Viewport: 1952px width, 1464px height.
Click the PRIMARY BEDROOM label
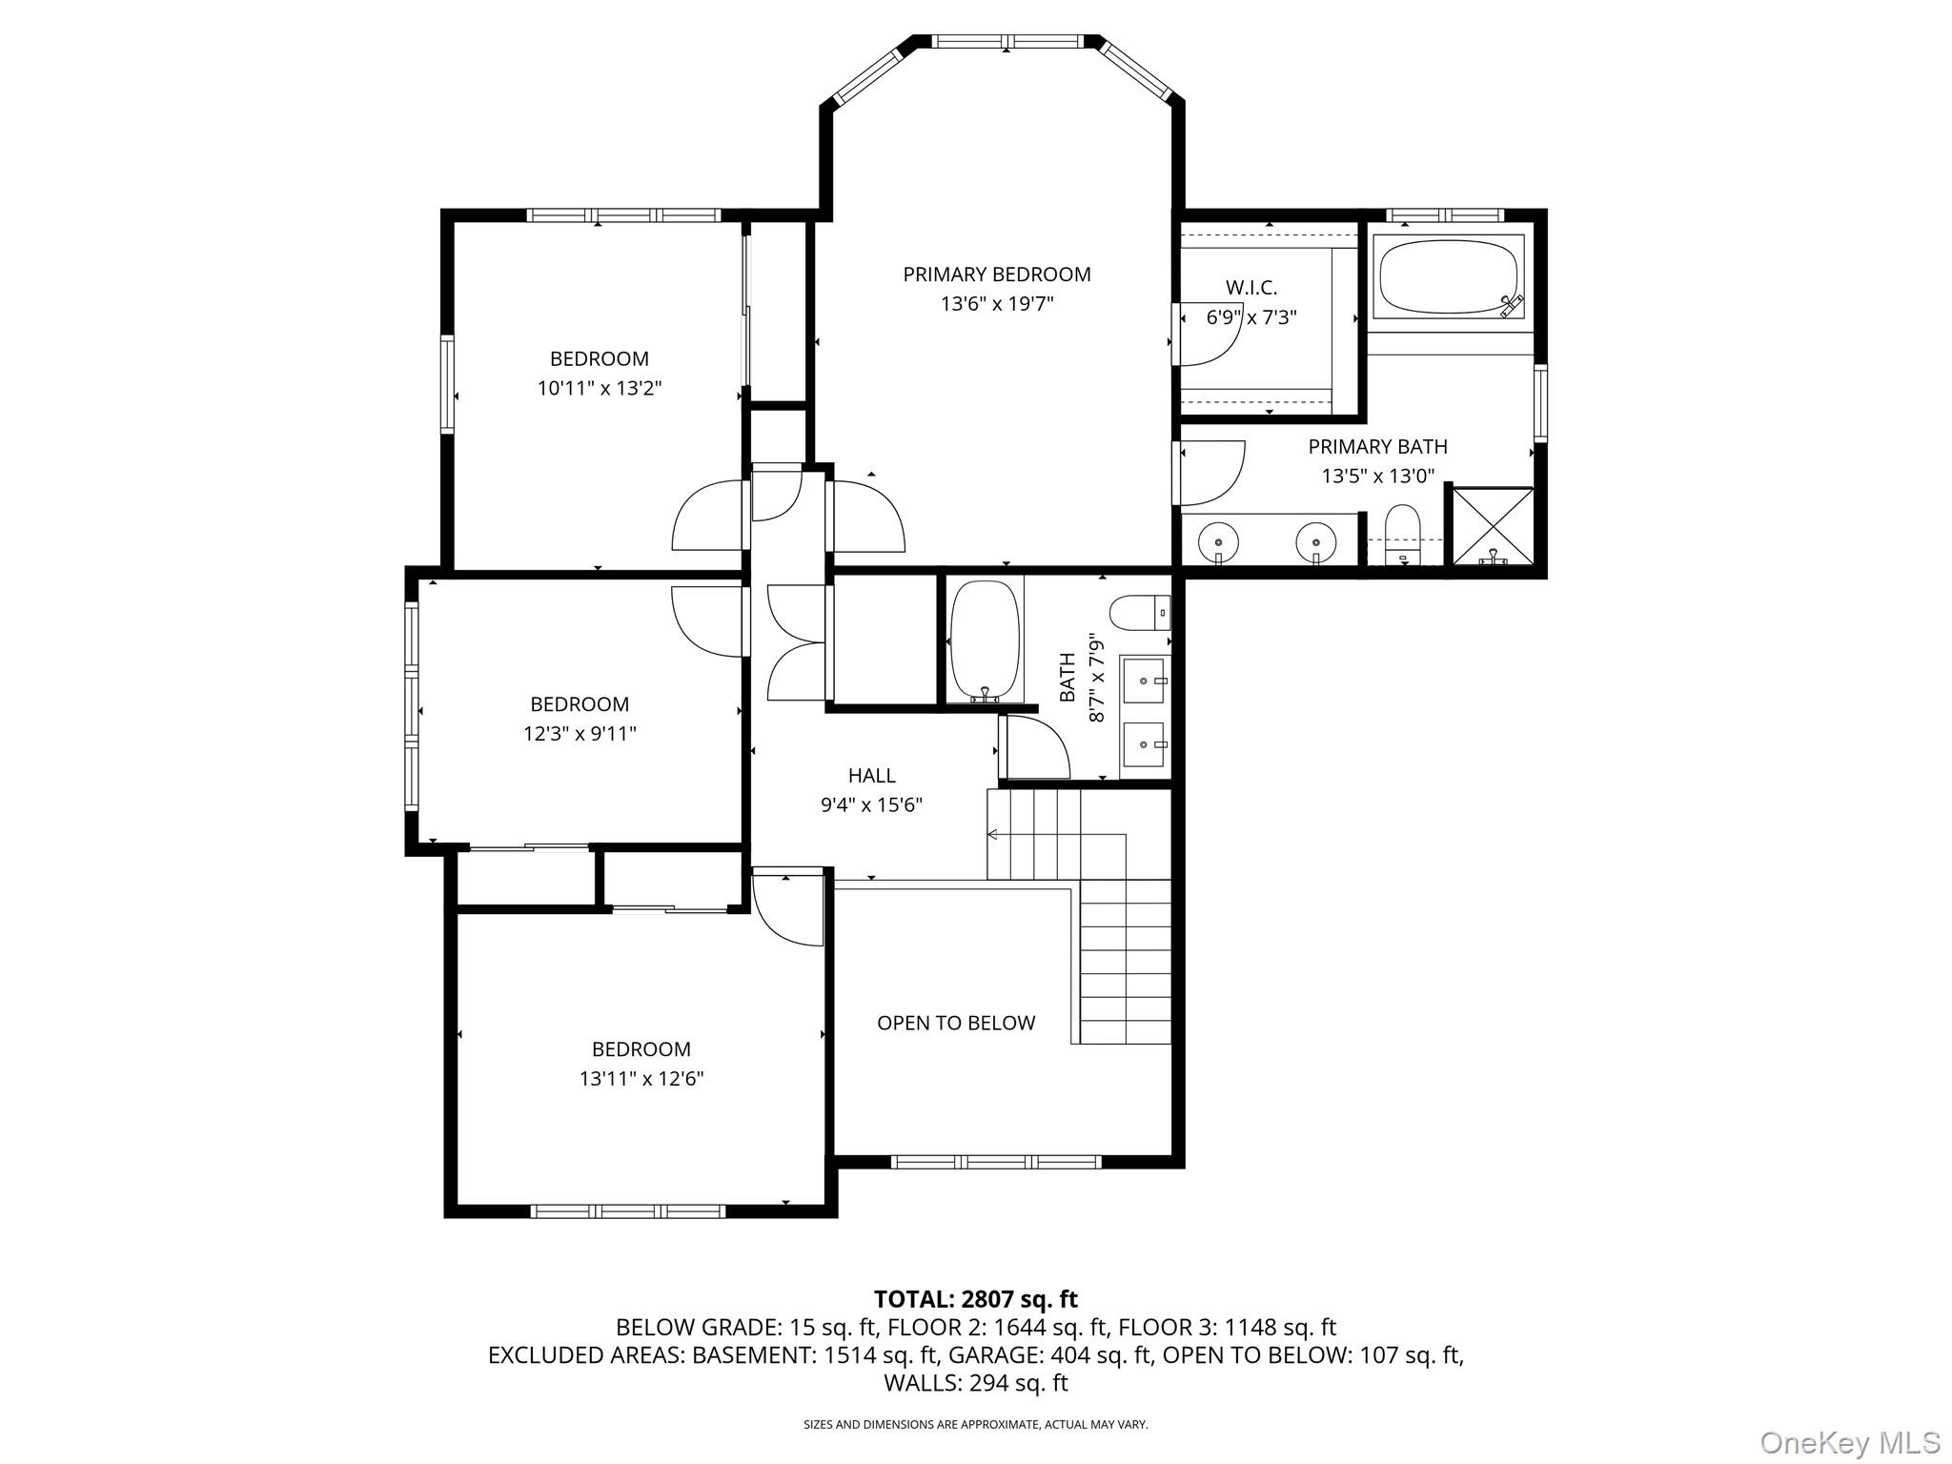(x=996, y=274)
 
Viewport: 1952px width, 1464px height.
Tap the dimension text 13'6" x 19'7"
(x=996, y=304)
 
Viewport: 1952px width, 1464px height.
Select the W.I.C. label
(x=1250, y=287)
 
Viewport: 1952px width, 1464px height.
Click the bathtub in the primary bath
(x=1447, y=277)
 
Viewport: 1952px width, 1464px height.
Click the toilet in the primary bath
(x=1402, y=534)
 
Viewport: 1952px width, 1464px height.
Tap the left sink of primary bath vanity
(x=1219, y=542)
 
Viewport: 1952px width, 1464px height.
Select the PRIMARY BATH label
(x=1377, y=446)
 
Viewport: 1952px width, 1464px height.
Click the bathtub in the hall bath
(x=985, y=640)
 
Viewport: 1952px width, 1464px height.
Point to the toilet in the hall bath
(x=1138, y=612)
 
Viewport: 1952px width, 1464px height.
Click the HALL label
(x=871, y=776)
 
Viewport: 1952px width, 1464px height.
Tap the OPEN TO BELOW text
(x=956, y=1023)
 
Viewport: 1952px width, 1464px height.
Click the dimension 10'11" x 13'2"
(x=599, y=388)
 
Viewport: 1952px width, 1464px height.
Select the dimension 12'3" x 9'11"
(x=579, y=734)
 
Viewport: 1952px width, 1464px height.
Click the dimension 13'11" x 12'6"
(x=640, y=1079)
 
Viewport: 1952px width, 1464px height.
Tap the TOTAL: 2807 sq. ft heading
(x=975, y=1299)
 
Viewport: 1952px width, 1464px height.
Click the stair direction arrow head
(x=991, y=835)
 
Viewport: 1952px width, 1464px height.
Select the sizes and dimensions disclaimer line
(x=975, y=1425)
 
